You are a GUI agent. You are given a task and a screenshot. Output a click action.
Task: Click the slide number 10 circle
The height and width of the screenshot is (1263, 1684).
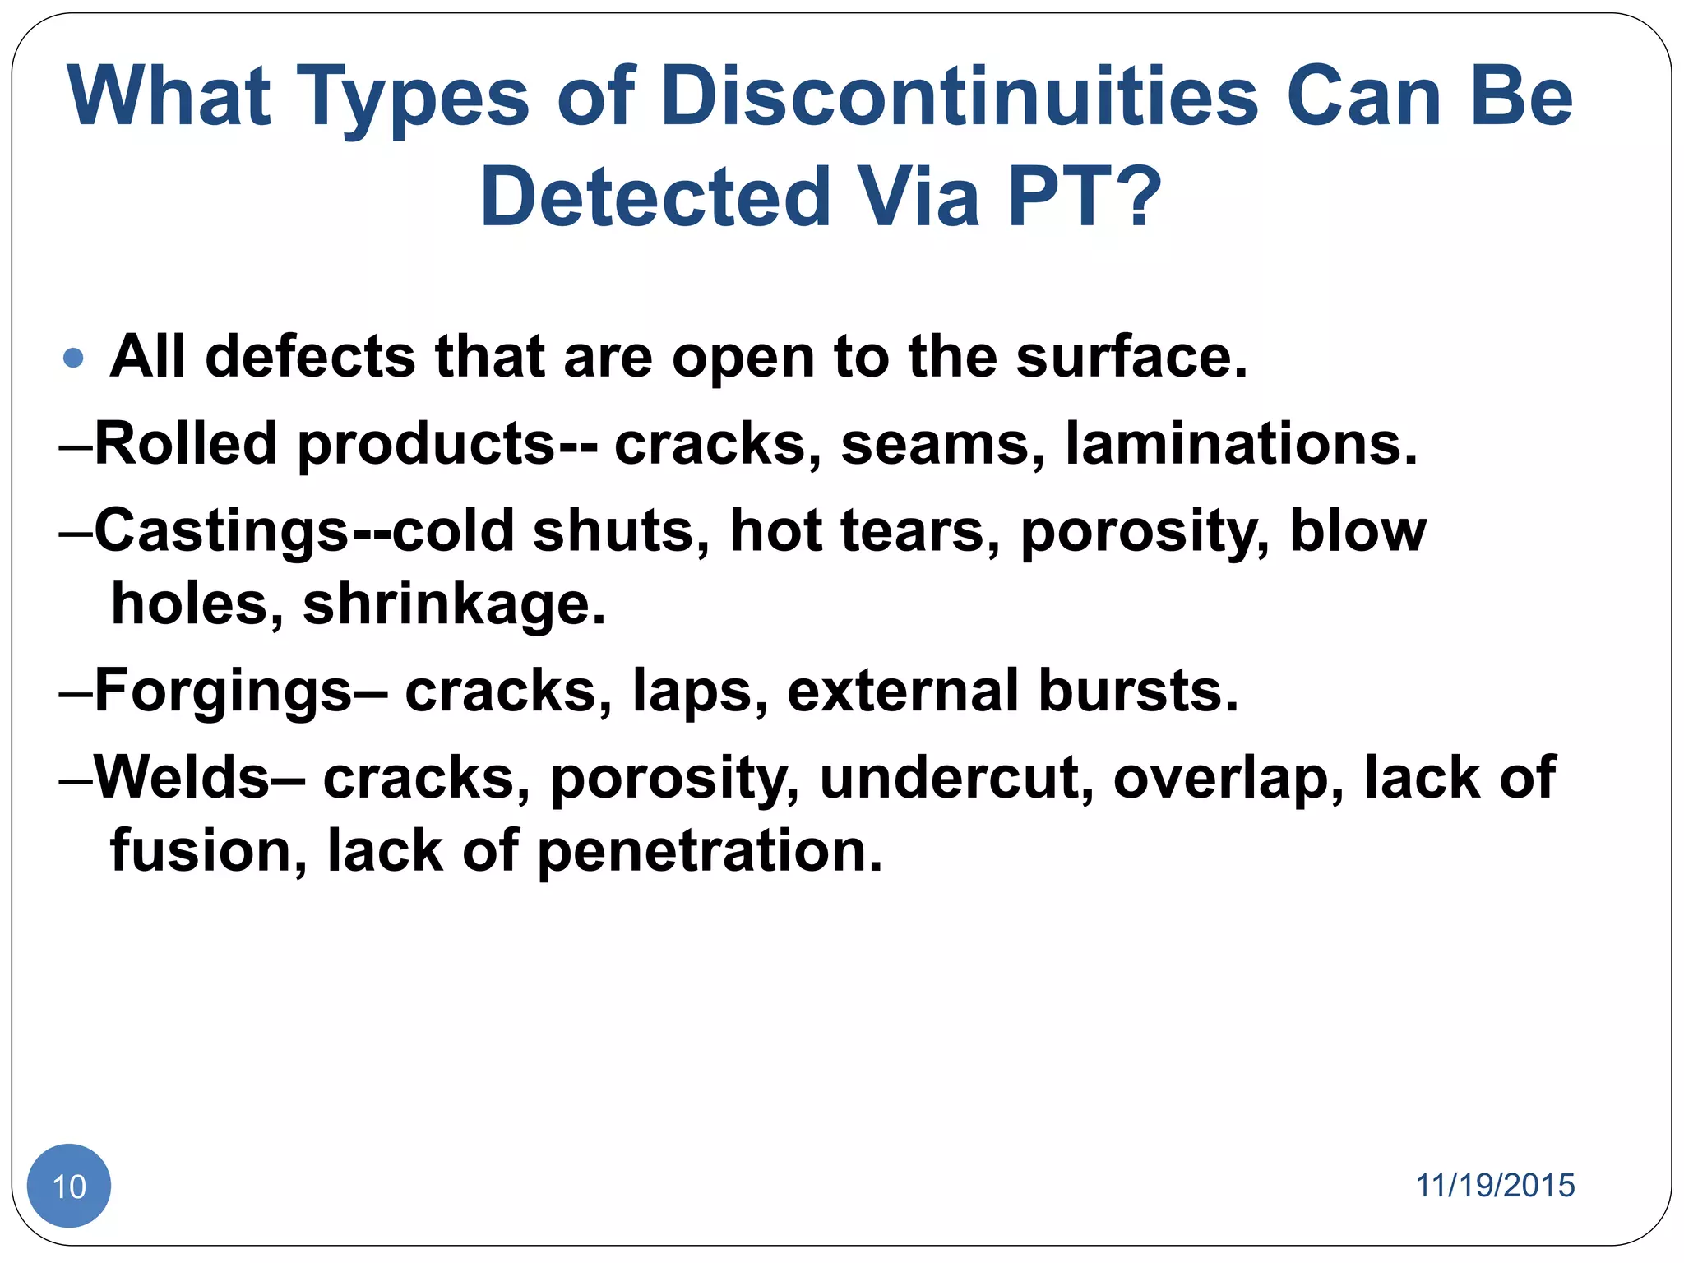(x=69, y=1185)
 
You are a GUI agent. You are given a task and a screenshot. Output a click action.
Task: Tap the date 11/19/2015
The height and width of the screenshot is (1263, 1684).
(x=1494, y=1185)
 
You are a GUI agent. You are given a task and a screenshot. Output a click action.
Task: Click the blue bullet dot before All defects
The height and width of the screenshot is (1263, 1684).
(x=73, y=358)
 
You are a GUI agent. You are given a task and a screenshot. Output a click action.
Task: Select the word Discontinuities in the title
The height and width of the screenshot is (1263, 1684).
(x=959, y=97)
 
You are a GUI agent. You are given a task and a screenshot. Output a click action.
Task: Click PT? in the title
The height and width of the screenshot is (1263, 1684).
(x=1084, y=197)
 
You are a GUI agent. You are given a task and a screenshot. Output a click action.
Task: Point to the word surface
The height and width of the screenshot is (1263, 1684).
(x=1131, y=358)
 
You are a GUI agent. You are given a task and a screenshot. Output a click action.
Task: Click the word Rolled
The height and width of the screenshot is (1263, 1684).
(x=186, y=444)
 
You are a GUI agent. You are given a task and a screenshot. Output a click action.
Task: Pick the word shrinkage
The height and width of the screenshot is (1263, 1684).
(x=454, y=604)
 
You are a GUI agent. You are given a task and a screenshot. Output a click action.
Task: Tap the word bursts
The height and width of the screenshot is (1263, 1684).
(x=1138, y=691)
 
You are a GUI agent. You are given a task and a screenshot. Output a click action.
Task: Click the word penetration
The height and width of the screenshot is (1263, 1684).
(x=710, y=851)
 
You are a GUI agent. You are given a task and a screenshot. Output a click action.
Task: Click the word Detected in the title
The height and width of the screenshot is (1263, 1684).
(x=655, y=197)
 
